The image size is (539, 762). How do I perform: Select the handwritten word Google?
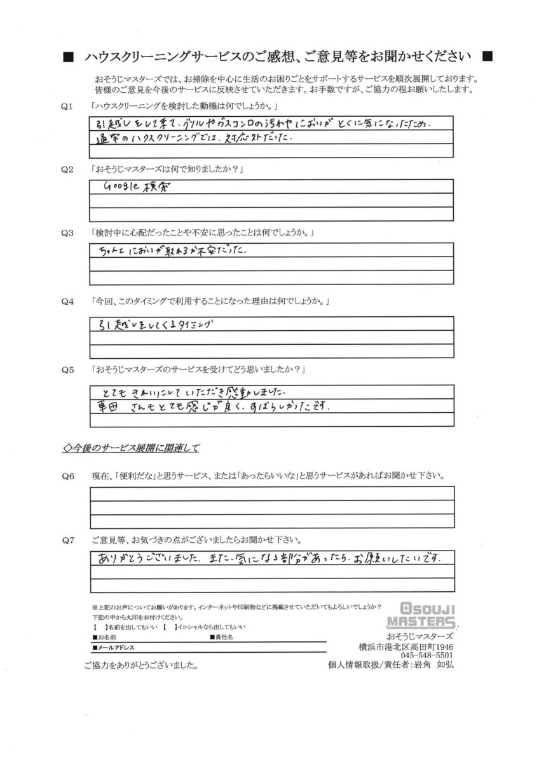pyautogui.click(x=121, y=187)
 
